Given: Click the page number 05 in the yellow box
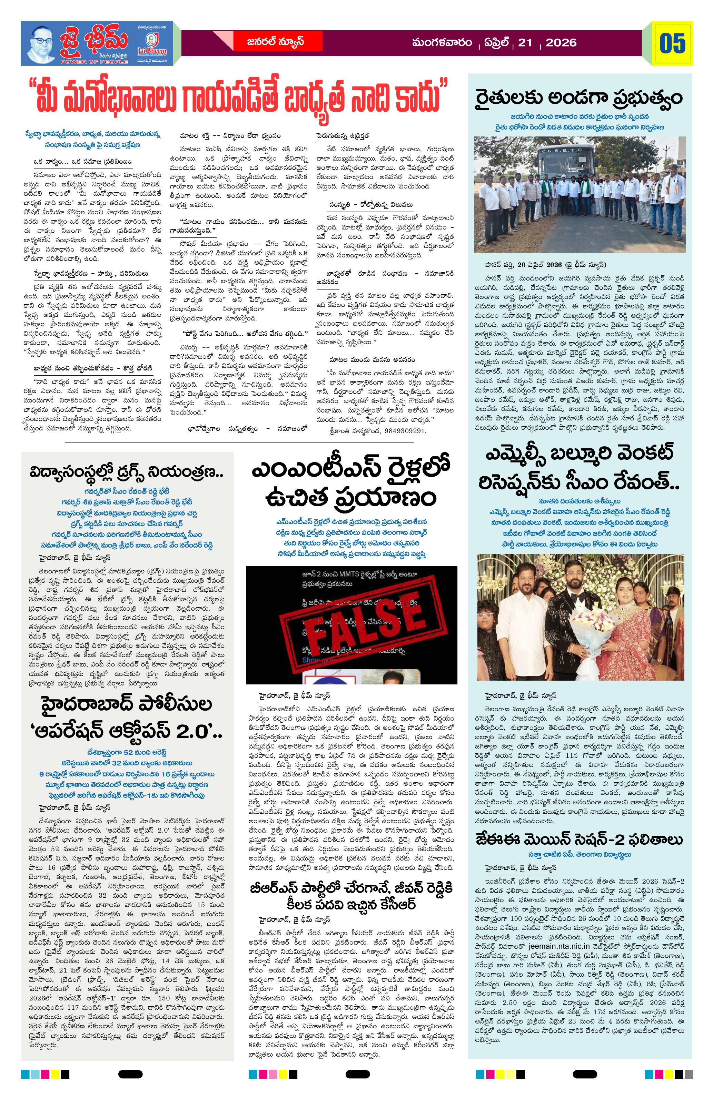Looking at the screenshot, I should click(672, 43).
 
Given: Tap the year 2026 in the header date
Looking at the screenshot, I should click(561, 43).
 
